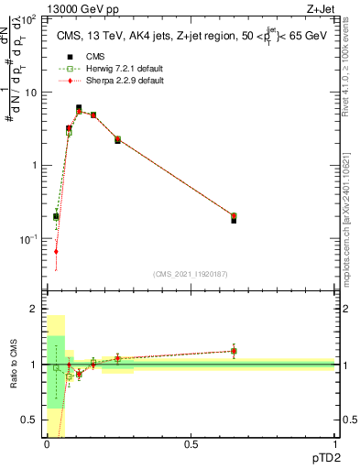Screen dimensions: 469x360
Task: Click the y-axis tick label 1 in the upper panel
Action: click(x=34, y=166)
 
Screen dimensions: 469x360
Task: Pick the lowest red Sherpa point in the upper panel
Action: click(x=56, y=251)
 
